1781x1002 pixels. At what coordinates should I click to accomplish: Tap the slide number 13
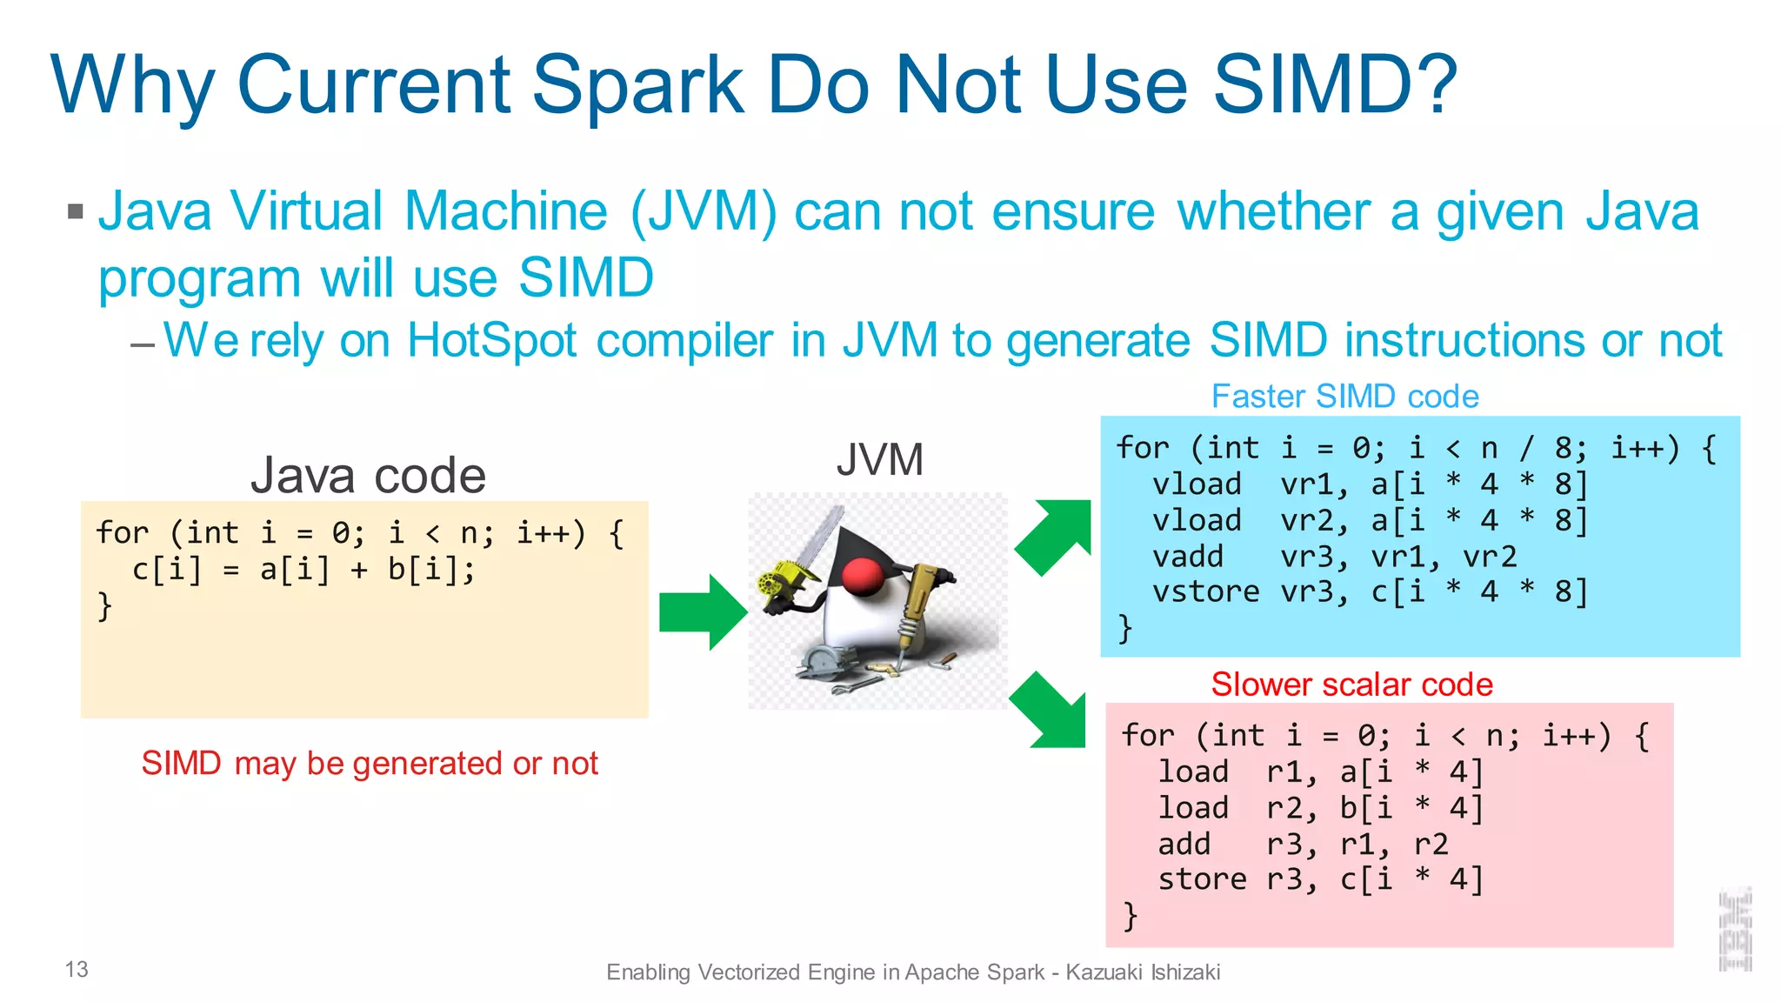click(x=77, y=969)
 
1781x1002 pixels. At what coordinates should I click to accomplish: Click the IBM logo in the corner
click(x=1735, y=930)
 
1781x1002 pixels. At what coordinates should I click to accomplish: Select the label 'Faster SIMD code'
click(x=1344, y=397)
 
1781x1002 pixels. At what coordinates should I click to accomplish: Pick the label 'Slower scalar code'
click(x=1351, y=685)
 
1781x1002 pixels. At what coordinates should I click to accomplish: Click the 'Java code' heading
click(x=368, y=475)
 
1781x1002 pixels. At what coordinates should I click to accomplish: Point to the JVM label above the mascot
click(x=879, y=459)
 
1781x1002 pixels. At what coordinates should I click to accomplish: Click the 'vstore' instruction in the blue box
click(x=1205, y=592)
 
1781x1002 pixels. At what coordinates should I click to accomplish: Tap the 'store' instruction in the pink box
click(x=1202, y=879)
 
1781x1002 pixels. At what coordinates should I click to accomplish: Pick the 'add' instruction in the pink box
click(x=1184, y=844)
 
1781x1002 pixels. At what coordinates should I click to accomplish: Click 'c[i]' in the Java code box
click(x=167, y=570)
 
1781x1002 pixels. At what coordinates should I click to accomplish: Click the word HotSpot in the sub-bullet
click(x=492, y=340)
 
